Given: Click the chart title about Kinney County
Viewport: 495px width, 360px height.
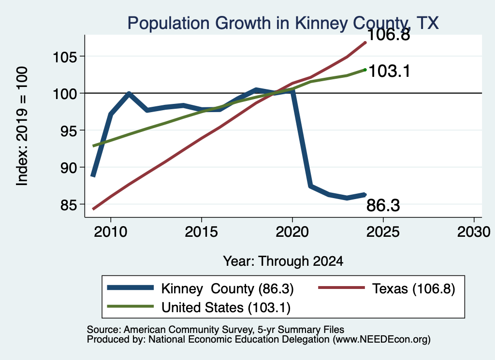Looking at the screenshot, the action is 283,23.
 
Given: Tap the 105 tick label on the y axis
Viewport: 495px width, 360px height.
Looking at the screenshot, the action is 65,58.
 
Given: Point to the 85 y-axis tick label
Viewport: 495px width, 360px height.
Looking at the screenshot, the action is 69,205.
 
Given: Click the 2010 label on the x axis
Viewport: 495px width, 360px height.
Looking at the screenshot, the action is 111,232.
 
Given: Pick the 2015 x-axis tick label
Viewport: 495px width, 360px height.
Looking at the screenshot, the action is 202,232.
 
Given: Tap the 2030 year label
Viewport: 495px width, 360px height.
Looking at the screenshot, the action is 474,232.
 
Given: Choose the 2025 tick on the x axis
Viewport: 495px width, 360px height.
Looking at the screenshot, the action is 383,232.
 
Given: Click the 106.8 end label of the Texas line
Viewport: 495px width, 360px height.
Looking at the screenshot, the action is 389,34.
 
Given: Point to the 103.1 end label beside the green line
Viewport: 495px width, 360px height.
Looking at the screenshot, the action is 389,71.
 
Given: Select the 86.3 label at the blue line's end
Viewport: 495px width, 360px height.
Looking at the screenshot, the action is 383,205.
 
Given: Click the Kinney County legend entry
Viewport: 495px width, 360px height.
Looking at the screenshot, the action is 201,288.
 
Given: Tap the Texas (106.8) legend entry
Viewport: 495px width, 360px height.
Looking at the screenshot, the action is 386,288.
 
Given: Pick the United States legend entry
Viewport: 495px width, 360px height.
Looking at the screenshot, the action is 199,307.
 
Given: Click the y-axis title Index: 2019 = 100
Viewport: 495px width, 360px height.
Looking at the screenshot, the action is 22,126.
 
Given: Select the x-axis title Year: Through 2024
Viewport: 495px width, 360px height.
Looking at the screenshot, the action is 283,261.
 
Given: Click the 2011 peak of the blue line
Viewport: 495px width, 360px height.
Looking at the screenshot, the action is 129,93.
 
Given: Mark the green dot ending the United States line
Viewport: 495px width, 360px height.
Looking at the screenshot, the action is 365,70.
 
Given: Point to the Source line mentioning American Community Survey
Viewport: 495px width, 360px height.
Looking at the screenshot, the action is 215,330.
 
